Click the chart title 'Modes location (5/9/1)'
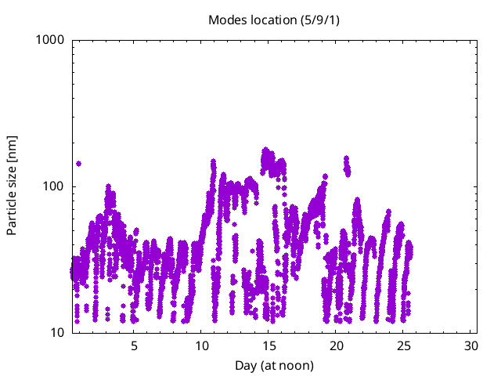point(274,20)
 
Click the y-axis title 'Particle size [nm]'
point(12,186)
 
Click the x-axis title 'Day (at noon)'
point(274,365)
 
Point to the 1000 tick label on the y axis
point(51,40)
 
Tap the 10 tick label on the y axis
point(57,333)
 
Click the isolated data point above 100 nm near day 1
point(78,164)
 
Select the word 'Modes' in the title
point(226,20)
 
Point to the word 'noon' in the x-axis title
point(295,365)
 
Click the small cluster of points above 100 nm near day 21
point(346,165)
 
